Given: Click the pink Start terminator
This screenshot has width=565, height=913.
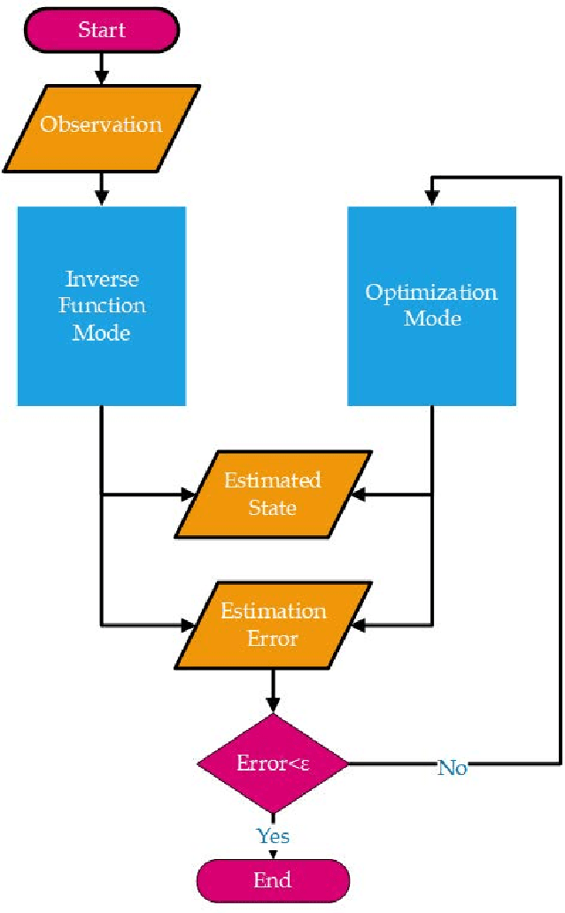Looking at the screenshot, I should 102,29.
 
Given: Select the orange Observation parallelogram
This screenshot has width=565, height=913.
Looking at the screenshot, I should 102,125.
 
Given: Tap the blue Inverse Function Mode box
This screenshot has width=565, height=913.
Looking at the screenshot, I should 102,305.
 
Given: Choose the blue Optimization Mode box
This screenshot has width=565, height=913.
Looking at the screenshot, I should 432,305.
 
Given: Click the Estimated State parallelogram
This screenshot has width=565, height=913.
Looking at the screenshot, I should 272,494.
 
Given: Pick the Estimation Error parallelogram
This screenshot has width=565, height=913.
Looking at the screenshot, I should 272,625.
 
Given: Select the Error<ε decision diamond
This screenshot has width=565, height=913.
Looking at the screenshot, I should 272,763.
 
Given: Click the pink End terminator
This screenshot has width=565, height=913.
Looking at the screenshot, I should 272,879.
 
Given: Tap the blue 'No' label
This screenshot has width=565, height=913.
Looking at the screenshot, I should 452,768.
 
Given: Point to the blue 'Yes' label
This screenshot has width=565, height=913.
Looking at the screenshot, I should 273,835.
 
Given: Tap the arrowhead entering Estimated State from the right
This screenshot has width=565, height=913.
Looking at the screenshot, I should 358,494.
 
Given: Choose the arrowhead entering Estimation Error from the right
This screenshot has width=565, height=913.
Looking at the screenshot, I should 358,625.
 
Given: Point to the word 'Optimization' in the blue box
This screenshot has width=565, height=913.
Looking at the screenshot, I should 432,293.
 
